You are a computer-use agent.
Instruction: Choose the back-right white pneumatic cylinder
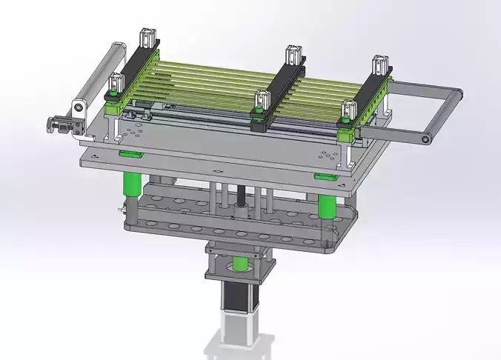[x=382, y=64]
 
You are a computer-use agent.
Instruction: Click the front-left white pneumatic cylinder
[x=116, y=85]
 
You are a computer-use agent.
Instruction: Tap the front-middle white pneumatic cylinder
[x=260, y=102]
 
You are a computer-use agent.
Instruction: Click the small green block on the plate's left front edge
[x=130, y=155]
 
